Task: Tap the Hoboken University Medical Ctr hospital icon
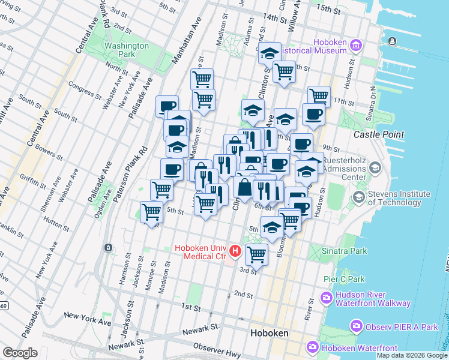click(x=235, y=251)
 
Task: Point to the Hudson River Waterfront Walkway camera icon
click(x=327, y=297)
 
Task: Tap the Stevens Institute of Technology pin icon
click(x=358, y=198)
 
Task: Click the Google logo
click(x=20, y=353)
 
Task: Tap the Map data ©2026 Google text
click(x=411, y=355)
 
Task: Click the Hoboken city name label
click(x=269, y=333)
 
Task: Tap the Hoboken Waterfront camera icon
click(x=313, y=347)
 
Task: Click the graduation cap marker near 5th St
click(x=272, y=227)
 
